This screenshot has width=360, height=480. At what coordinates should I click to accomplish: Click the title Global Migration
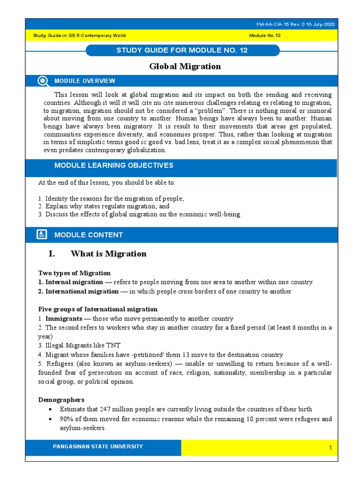pyautogui.click(x=185, y=67)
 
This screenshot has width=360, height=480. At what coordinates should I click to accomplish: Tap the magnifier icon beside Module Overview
pyautogui.click(x=43, y=81)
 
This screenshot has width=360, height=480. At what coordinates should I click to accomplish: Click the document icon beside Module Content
pyautogui.click(x=42, y=234)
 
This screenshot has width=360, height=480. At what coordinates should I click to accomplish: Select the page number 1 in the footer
pyautogui.click(x=330, y=448)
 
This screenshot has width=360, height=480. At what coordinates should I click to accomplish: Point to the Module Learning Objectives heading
pyautogui.click(x=113, y=165)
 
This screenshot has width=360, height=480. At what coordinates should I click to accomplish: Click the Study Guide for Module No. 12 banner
pyautogui.click(x=182, y=50)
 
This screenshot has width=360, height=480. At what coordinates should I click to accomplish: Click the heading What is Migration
pyautogui.click(x=108, y=254)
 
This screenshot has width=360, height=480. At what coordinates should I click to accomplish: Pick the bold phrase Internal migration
pyautogui.click(x=74, y=282)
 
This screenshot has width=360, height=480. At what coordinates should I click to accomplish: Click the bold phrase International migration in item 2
pyautogui.click(x=82, y=292)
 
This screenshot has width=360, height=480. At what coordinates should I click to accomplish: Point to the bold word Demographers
pyautogui.click(x=61, y=400)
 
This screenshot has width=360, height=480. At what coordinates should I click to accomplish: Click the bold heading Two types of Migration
pyautogui.click(x=74, y=273)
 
